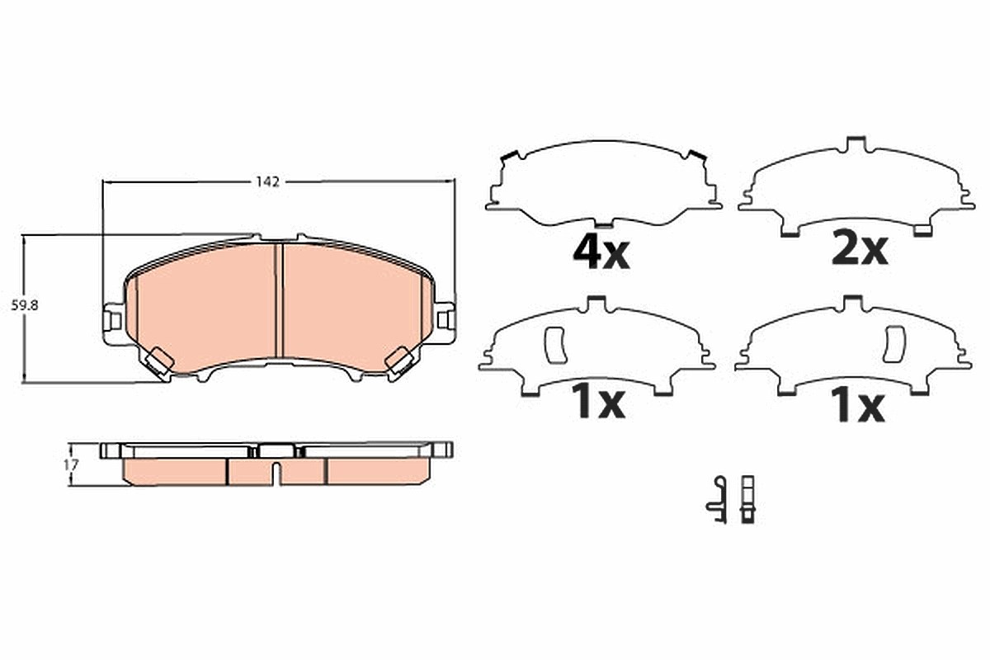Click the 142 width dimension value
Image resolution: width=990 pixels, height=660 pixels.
268,181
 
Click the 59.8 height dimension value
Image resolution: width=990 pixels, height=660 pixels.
25,305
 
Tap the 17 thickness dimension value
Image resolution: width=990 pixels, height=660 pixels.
71,464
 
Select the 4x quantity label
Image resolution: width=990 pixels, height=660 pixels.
601,254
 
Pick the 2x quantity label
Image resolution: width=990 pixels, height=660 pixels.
860,249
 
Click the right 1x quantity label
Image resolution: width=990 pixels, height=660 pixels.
857,405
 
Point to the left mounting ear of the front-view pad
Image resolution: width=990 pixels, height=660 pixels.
114,323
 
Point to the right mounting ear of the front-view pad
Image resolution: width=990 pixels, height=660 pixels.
444,322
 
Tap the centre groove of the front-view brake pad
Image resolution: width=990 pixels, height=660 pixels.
279,300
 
